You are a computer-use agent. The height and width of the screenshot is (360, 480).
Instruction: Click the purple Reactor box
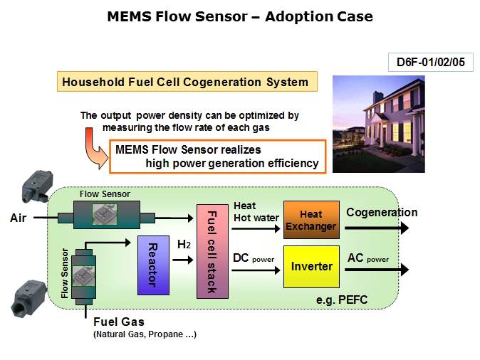[152, 265]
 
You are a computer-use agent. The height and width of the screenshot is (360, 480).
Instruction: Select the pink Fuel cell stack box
[212, 251]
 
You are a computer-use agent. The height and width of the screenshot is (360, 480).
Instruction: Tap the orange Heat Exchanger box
[311, 221]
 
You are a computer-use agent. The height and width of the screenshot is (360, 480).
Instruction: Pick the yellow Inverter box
[311, 266]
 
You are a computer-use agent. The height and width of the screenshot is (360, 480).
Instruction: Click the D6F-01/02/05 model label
[430, 62]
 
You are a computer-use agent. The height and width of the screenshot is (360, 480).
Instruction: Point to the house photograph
[378, 124]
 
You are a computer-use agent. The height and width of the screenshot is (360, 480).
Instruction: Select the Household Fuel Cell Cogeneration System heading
[186, 82]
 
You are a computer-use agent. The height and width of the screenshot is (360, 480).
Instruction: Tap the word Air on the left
[18, 218]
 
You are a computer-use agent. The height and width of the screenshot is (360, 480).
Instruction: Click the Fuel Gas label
[119, 322]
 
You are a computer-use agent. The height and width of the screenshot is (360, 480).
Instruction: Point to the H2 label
[184, 245]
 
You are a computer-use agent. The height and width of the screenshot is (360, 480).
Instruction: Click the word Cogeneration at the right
[382, 212]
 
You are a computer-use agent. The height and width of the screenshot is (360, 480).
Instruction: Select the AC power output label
[368, 258]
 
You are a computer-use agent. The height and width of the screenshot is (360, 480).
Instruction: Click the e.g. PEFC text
[342, 300]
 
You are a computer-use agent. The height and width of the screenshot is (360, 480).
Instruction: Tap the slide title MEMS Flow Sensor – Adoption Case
[239, 16]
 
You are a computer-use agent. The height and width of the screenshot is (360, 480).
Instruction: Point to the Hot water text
[256, 218]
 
